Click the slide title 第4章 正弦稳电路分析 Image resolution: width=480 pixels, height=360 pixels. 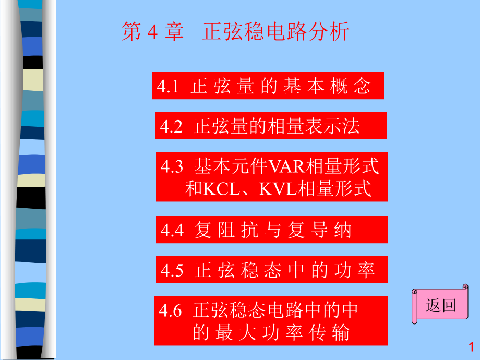[x=235, y=32]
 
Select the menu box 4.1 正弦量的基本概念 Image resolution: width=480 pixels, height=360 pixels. [x=268, y=86]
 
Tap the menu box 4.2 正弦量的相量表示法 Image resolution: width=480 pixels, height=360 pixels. [x=271, y=126]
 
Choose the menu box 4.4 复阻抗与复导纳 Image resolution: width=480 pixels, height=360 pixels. [x=272, y=230]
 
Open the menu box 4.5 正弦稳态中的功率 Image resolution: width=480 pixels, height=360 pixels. [x=272, y=270]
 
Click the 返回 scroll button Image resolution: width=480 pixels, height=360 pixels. [x=440, y=305]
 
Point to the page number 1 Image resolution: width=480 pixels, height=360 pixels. [x=471, y=346]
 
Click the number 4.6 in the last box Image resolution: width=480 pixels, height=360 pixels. [x=171, y=310]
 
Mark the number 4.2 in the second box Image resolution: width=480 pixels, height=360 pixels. [x=171, y=126]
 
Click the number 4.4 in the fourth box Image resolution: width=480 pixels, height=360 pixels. [x=172, y=230]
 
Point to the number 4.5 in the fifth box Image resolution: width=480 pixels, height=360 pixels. [x=172, y=270]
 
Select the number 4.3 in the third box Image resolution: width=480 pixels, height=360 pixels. [x=172, y=167]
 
